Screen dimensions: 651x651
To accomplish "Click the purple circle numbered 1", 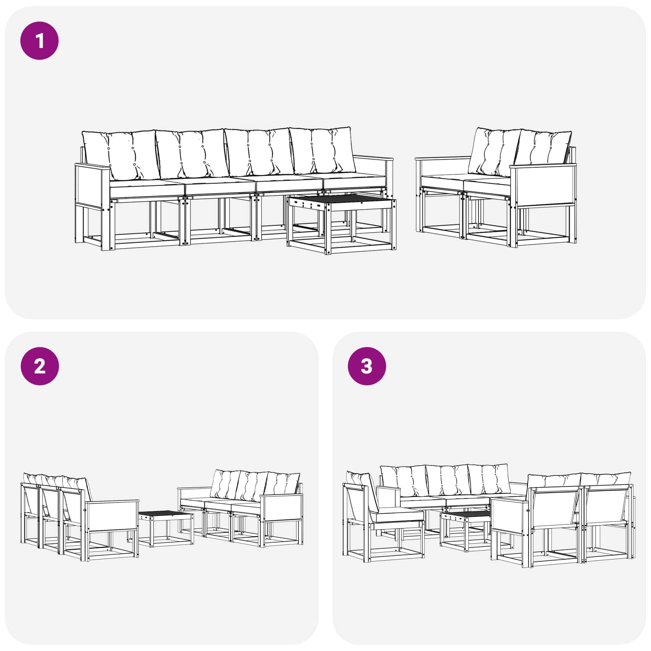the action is [39, 41].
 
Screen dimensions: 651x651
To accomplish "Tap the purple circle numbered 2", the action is [39, 366].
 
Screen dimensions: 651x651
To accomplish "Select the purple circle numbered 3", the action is [367, 366].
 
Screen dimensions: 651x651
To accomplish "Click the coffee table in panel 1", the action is [341, 223].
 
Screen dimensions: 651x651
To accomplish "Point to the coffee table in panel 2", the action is [166, 529].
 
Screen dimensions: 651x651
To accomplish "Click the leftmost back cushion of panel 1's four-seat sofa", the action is [120, 155].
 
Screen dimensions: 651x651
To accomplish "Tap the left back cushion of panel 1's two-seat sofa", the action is [494, 152].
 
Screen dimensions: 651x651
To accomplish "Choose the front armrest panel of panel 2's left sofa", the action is [112, 516].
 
